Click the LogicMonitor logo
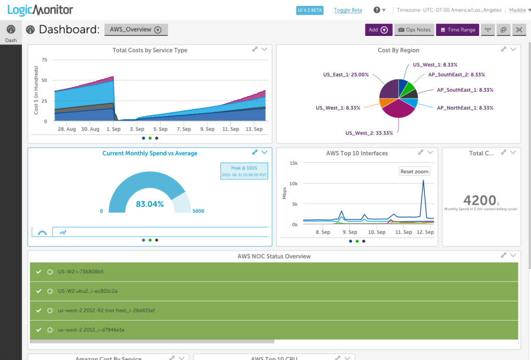pyautogui.click(x=40, y=10)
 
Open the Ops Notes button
pyautogui.click(x=414, y=30)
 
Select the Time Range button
pyautogui.click(x=457, y=30)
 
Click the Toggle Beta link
pyautogui.click(x=348, y=10)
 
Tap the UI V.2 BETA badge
pyautogui.click(x=310, y=10)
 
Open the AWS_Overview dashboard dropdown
pyautogui.click(x=136, y=30)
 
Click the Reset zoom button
pyautogui.click(x=414, y=171)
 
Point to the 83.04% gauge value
pyautogui.click(x=150, y=204)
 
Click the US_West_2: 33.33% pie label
pyautogui.click(x=369, y=133)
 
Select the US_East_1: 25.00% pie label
pyautogui.click(x=346, y=75)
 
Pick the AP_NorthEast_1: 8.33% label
pyautogui.click(x=465, y=108)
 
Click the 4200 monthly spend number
pyautogui.click(x=479, y=200)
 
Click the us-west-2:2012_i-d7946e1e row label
pyautogui.click(x=91, y=329)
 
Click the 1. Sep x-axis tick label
pyautogui.click(x=114, y=129)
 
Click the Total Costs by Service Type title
pyautogui.click(x=150, y=50)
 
